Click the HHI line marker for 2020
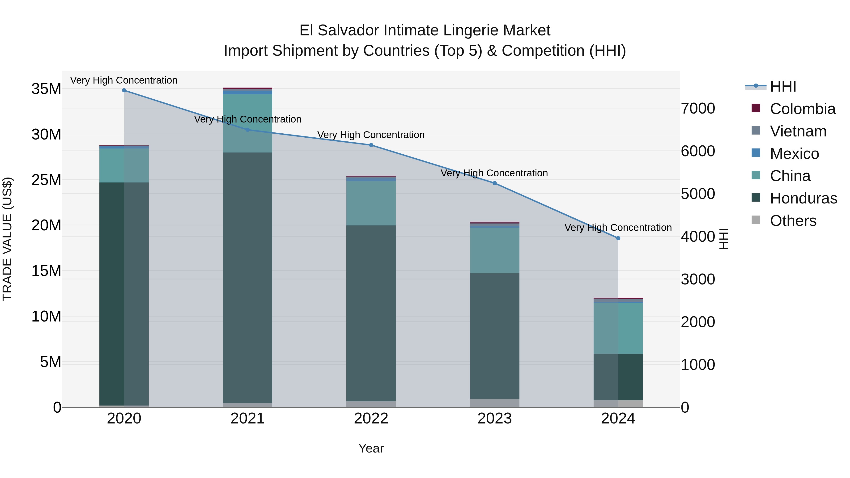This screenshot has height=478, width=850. coord(124,90)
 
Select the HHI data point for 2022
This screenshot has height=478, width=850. coord(371,145)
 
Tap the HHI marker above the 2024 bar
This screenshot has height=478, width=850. coord(618,238)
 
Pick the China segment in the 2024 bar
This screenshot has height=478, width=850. coord(618,328)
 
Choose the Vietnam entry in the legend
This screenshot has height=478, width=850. coord(798,131)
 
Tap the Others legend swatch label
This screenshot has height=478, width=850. coord(793,221)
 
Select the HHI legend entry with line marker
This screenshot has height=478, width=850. coord(783,86)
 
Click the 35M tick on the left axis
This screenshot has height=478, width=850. coord(46,89)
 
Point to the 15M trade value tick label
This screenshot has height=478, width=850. coord(46,271)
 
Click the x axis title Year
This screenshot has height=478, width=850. coord(371,448)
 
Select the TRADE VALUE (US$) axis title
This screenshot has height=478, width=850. coord(7,239)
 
